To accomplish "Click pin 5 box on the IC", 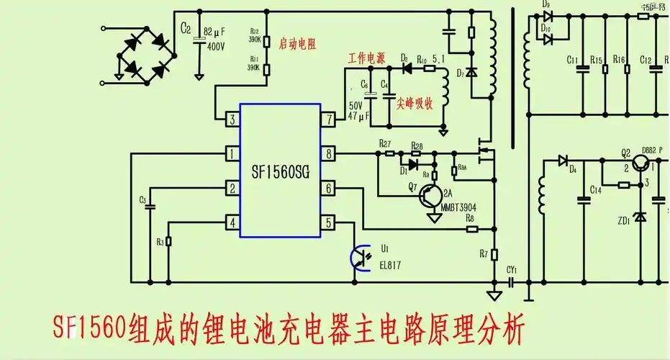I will click(328, 222).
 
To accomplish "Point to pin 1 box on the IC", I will click(232, 153).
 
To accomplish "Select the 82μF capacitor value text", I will click(215, 32).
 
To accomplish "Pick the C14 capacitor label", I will click(596, 190).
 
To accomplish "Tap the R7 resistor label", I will click(484, 253).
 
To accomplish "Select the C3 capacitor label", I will click(142, 199).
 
